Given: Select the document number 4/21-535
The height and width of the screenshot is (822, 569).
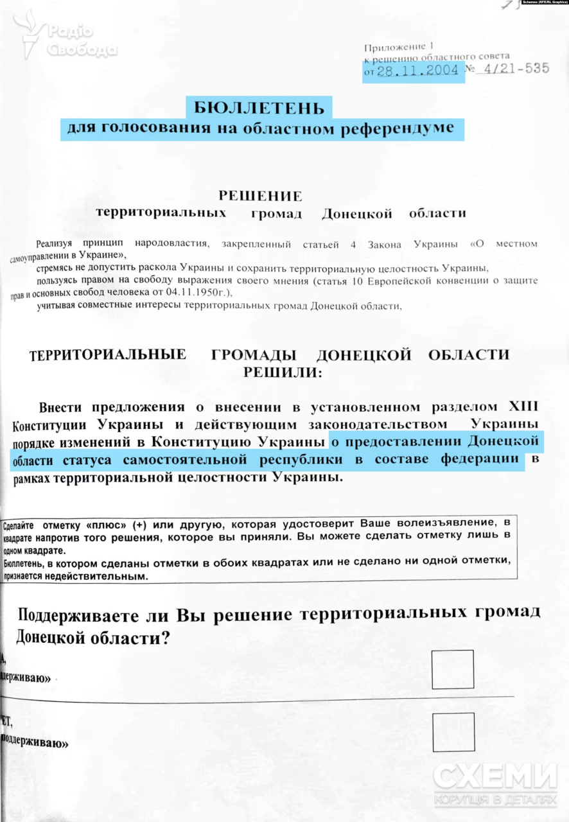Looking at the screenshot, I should (511, 69).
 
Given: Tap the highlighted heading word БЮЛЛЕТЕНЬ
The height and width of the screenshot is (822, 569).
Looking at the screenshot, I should (259, 107).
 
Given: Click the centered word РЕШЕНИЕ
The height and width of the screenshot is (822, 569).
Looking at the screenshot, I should (260, 196).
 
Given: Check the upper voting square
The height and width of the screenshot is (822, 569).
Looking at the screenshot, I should (452, 669).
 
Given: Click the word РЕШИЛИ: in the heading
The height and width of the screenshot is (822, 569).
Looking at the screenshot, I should (280, 372).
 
